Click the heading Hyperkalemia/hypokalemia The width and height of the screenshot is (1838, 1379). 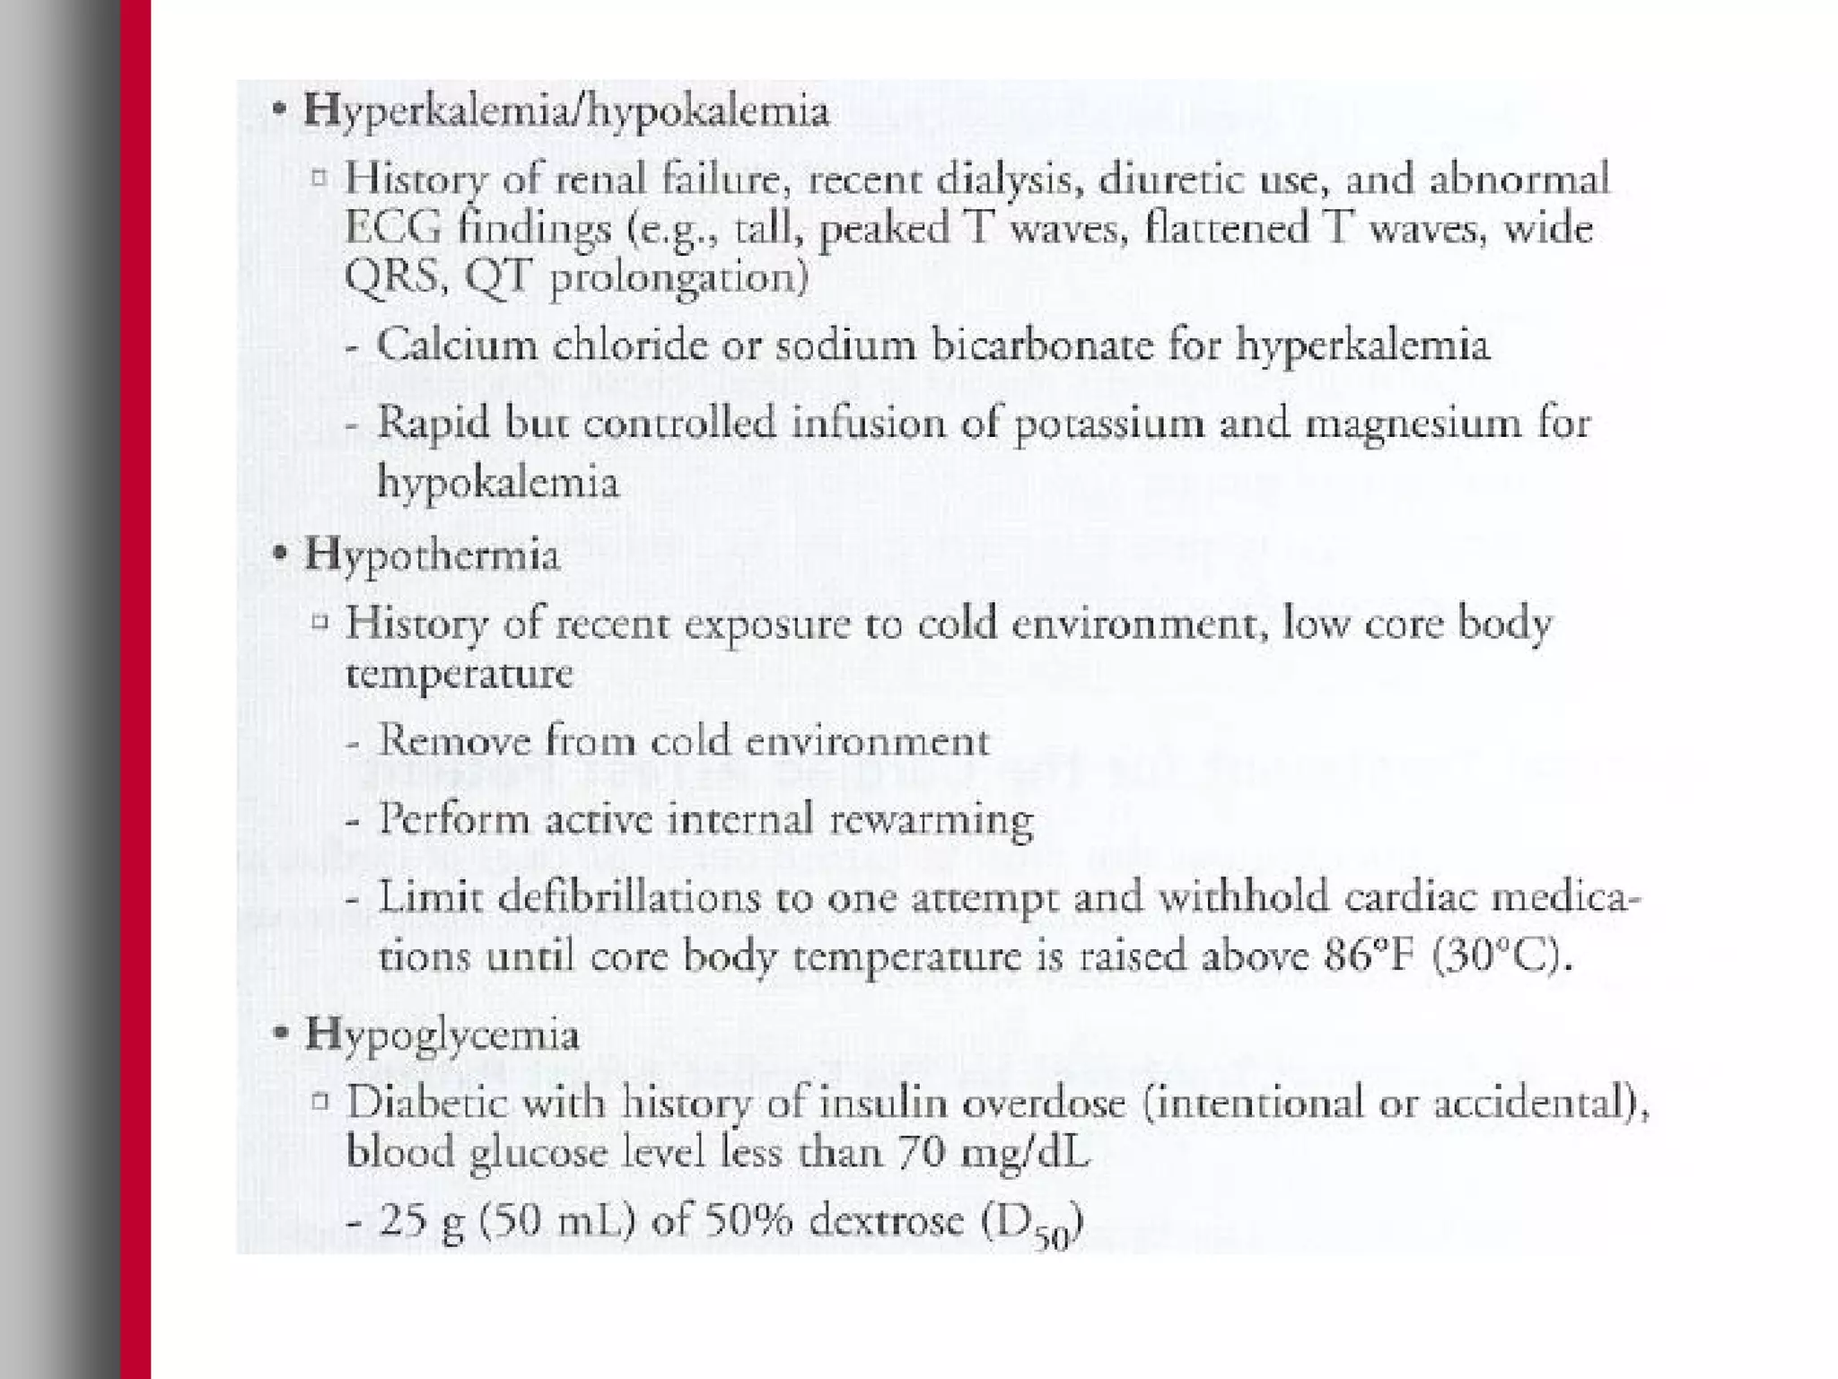pos(565,113)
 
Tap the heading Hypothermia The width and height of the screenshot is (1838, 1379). pos(432,554)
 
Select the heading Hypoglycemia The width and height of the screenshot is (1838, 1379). pos(442,1034)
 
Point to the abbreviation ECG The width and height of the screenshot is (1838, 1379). pos(393,228)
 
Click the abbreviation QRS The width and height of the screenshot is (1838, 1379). pos(395,275)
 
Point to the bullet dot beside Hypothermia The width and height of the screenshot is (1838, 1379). pos(280,554)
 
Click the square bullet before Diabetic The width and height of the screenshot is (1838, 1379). pos(319,1101)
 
